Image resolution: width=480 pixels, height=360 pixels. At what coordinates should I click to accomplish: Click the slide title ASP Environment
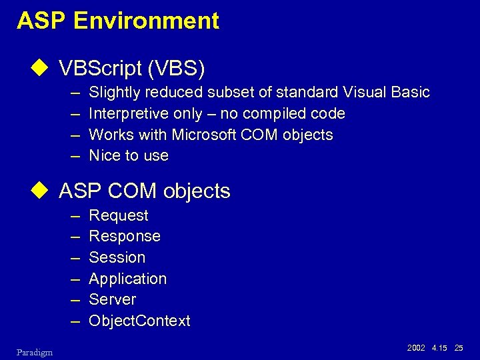118,21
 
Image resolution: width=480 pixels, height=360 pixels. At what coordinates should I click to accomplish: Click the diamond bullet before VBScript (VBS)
44,68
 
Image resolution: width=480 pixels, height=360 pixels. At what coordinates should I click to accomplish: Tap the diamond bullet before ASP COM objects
44,191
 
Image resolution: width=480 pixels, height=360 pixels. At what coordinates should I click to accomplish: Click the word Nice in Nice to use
104,156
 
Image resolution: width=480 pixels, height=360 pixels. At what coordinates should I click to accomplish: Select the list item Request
119,215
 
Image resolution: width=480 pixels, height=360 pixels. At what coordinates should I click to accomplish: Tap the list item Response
125,236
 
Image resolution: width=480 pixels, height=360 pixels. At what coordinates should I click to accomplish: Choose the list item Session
117,257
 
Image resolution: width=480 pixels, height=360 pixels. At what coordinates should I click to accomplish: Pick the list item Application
127,279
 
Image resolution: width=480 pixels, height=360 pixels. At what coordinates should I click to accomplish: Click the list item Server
112,299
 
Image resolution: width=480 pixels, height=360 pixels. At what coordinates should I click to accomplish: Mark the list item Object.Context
139,321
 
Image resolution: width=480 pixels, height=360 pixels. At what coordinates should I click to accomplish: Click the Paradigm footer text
35,351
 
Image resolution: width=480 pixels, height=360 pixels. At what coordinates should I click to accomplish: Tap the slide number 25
458,349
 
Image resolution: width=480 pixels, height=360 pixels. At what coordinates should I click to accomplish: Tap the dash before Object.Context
74,321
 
